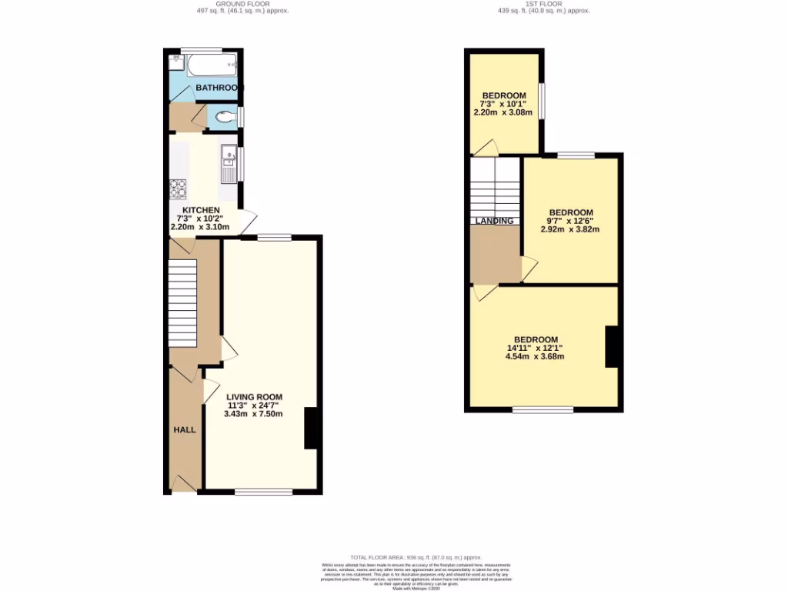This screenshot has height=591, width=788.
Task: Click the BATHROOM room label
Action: (219, 88)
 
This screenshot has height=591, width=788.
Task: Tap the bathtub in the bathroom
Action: (212, 65)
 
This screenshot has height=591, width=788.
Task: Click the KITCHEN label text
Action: (200, 210)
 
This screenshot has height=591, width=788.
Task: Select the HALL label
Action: (185, 429)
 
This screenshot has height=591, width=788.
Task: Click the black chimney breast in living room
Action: (312, 428)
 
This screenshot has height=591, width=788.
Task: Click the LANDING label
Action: (494, 221)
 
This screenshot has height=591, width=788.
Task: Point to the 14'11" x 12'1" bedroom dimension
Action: (535, 348)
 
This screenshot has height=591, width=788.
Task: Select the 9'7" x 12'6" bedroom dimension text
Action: (570, 221)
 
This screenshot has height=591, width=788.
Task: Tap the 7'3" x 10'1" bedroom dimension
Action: (504, 104)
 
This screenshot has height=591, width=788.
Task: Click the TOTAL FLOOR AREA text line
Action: (416, 557)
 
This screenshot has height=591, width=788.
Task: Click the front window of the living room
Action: (264, 492)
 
